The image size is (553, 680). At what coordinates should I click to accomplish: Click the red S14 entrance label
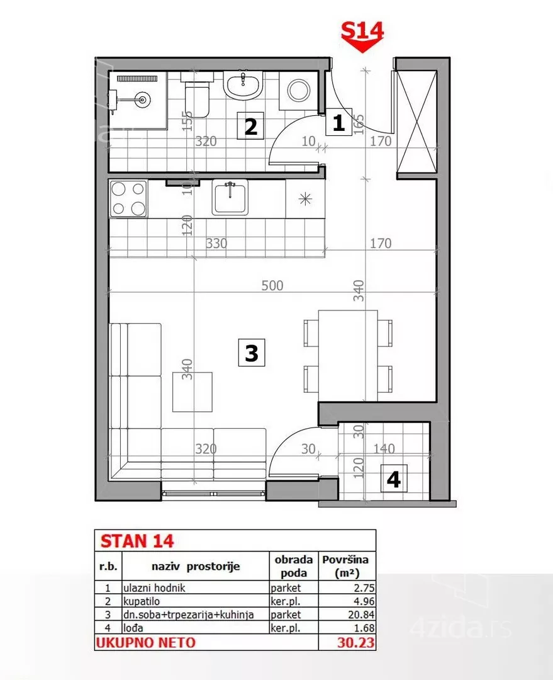(x=362, y=28)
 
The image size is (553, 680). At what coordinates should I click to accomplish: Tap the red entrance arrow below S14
(x=362, y=45)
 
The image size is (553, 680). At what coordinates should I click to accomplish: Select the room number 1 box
(x=338, y=123)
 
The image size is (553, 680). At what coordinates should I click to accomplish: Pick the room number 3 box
(x=251, y=353)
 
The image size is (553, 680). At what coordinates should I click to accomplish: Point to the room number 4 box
(x=393, y=480)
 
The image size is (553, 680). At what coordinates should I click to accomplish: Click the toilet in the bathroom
(x=197, y=95)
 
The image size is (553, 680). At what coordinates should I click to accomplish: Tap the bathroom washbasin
(x=243, y=85)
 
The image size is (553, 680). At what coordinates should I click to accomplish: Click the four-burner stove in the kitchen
(x=128, y=198)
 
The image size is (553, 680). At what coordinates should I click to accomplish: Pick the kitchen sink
(x=230, y=198)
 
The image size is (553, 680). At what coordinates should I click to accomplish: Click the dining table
(x=348, y=350)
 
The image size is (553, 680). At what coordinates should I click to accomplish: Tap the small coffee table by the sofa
(x=193, y=392)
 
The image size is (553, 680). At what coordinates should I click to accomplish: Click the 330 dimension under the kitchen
(x=216, y=243)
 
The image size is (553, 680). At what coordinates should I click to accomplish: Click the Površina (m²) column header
(x=347, y=565)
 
